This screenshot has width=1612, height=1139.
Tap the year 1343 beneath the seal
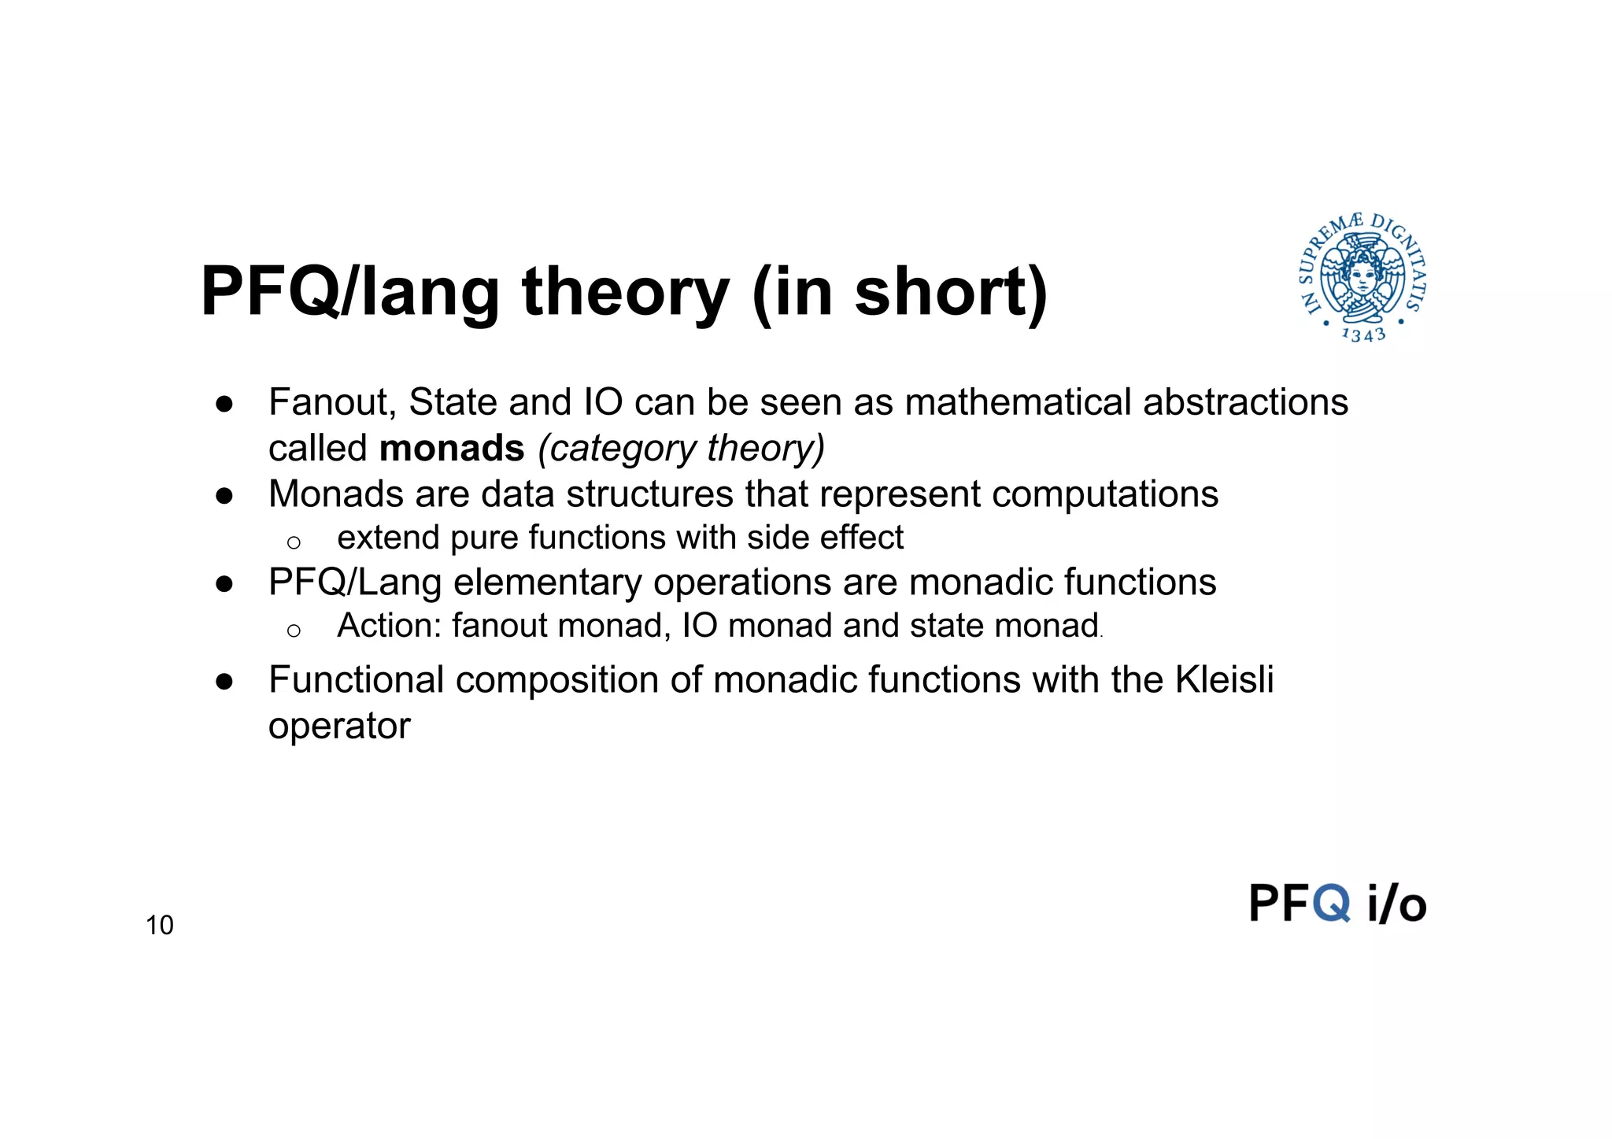point(1363,335)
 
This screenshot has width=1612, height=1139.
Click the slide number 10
point(159,925)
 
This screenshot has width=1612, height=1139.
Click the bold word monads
point(452,449)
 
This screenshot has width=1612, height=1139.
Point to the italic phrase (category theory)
point(681,449)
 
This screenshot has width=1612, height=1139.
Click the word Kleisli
point(1224,679)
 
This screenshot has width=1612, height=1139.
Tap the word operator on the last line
point(339,726)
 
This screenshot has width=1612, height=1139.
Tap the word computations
point(1105,494)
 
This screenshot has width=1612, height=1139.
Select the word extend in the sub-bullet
point(388,538)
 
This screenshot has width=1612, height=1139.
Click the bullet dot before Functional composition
point(224,681)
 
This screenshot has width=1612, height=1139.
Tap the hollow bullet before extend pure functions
point(294,542)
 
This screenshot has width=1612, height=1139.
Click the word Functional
point(356,679)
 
